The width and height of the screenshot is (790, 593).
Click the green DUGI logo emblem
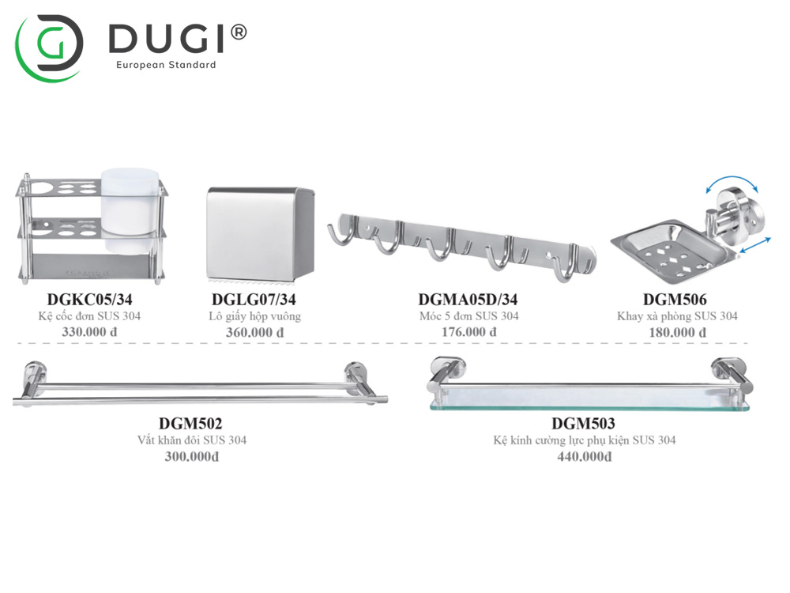(x=49, y=47)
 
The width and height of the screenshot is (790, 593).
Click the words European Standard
(x=165, y=65)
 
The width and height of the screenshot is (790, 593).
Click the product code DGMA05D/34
(x=468, y=300)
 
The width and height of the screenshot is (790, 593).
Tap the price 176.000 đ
(x=468, y=332)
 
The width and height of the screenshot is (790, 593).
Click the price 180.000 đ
(x=677, y=332)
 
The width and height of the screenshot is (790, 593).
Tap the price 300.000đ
(x=191, y=457)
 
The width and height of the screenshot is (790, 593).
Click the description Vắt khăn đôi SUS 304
(x=193, y=440)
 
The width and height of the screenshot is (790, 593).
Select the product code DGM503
(x=583, y=425)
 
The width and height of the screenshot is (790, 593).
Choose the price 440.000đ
(x=584, y=457)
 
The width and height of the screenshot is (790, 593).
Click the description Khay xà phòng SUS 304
(x=677, y=316)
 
